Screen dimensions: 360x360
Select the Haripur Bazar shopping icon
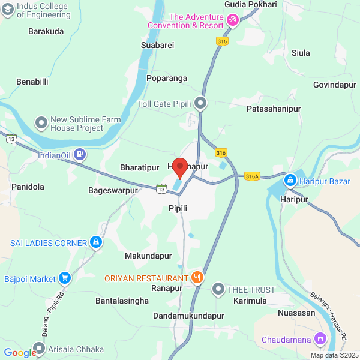pos(290,180)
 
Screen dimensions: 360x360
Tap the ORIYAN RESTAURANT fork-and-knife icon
pos(197,278)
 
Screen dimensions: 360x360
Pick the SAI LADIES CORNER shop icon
pos(95,242)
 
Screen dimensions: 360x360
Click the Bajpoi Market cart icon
pos(65,278)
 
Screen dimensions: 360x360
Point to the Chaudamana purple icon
pos(320,340)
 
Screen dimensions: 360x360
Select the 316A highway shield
pos(252,176)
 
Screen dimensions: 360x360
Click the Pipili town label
pos(178,208)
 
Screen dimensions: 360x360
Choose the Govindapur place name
pos(334,85)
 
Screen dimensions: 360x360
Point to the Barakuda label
pos(46,32)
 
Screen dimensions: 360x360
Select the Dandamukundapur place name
pos(188,315)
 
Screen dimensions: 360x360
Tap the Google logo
pos(20,352)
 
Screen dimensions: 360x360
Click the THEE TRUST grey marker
pos(218,290)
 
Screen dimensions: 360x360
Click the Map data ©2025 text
pos(333,355)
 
